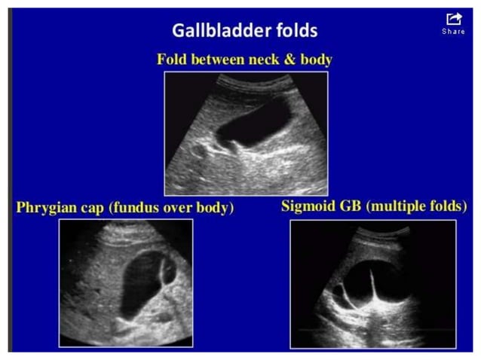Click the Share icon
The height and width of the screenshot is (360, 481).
(x=453, y=19)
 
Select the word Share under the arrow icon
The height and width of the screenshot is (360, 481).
(x=453, y=32)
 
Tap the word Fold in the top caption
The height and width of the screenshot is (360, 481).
(x=173, y=59)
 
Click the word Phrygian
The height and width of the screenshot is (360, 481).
(x=46, y=208)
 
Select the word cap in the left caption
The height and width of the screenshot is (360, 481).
(x=93, y=208)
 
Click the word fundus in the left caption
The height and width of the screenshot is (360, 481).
(x=136, y=208)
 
